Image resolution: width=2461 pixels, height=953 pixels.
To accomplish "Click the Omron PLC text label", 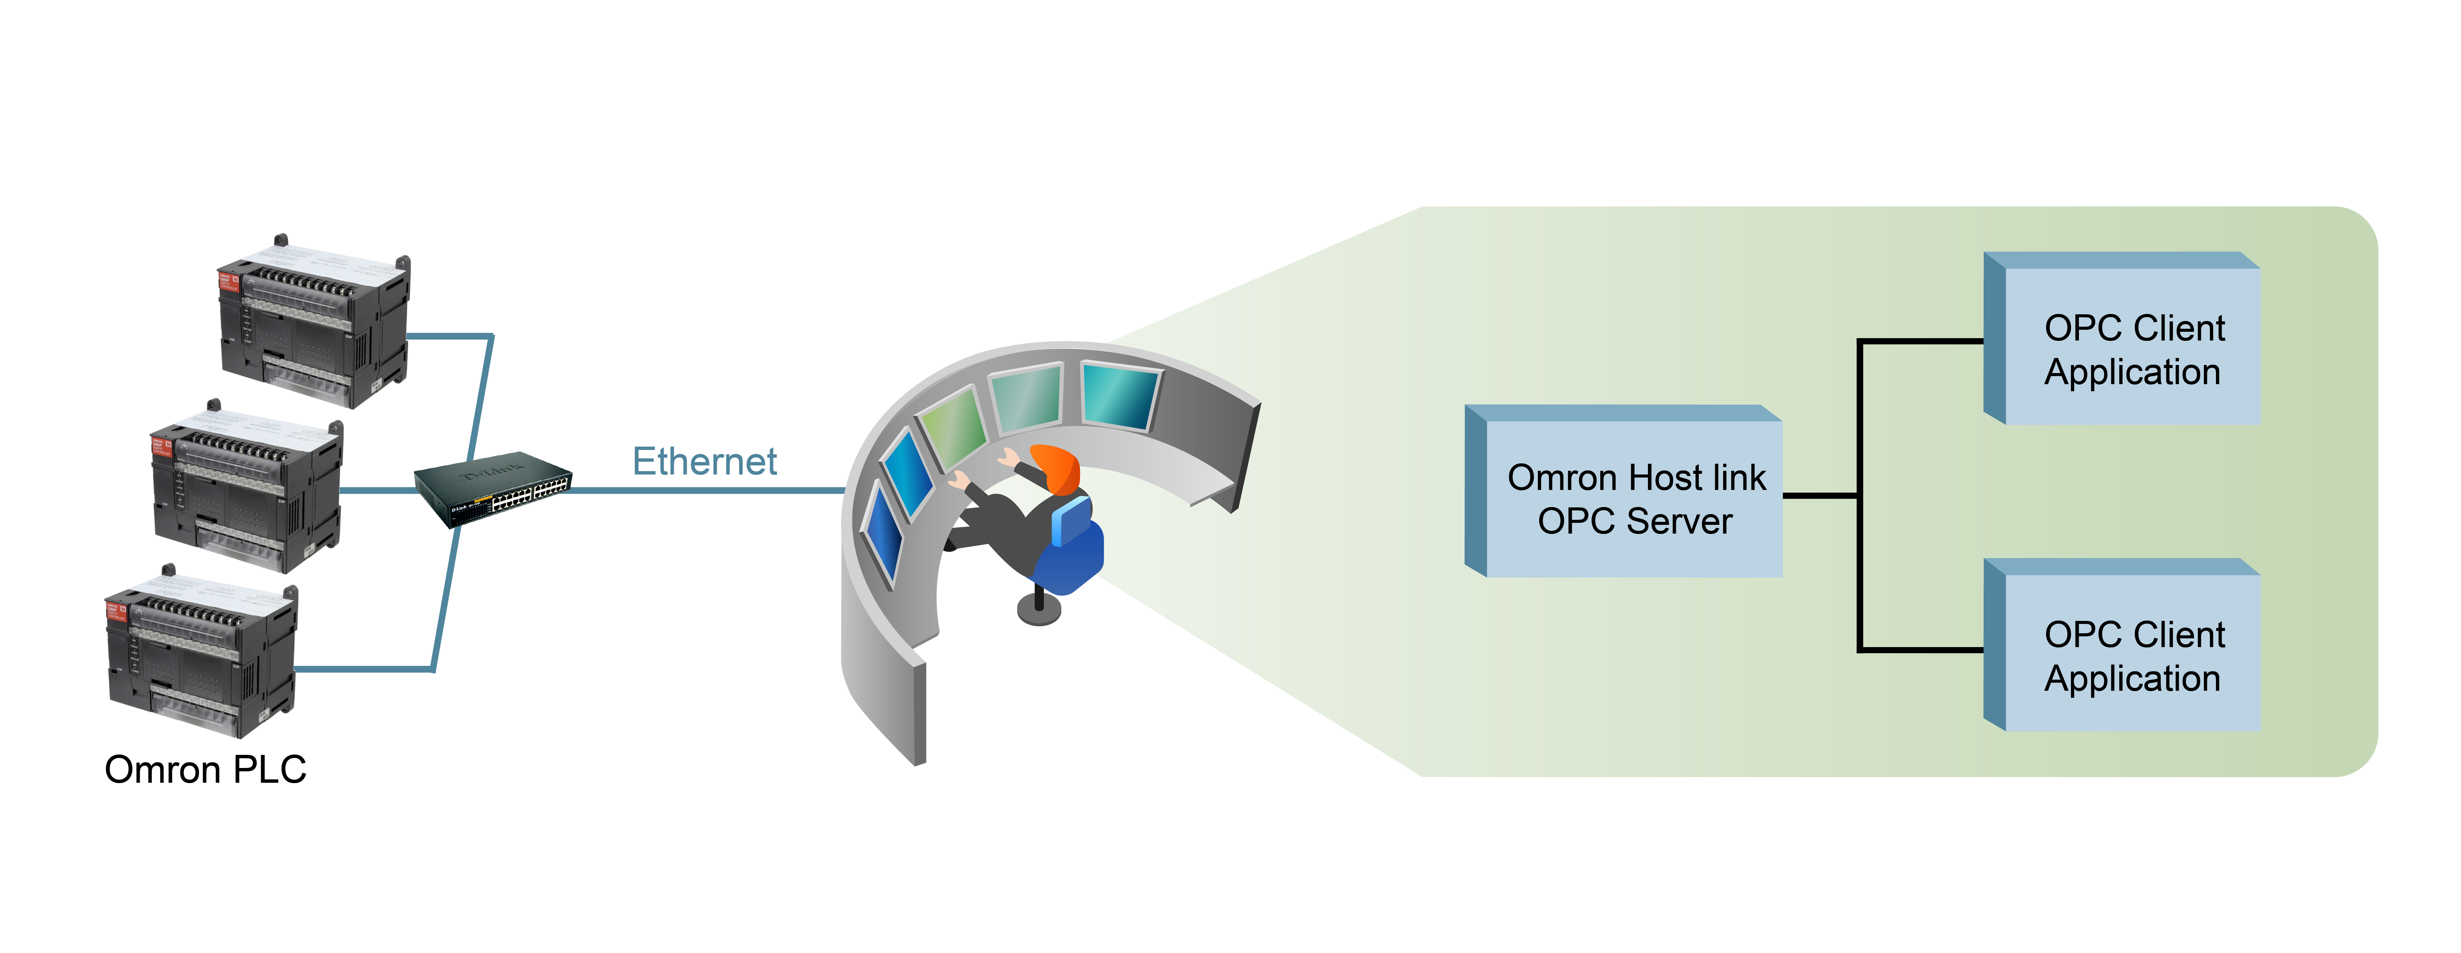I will (205, 769).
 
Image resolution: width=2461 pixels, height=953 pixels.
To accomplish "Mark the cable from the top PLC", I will (449, 336).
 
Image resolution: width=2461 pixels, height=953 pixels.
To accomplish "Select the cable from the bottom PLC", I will (363, 669).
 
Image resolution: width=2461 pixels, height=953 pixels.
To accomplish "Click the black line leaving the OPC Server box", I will (1820, 495).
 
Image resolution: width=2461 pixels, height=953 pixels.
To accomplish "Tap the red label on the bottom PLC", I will (116, 610).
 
